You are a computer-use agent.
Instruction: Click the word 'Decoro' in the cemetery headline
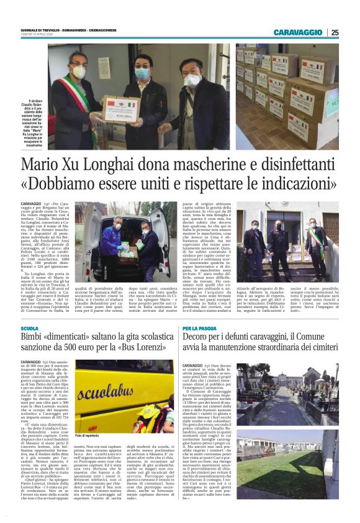coord(200,337)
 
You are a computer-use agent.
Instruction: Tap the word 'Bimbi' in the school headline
coord(34,337)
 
